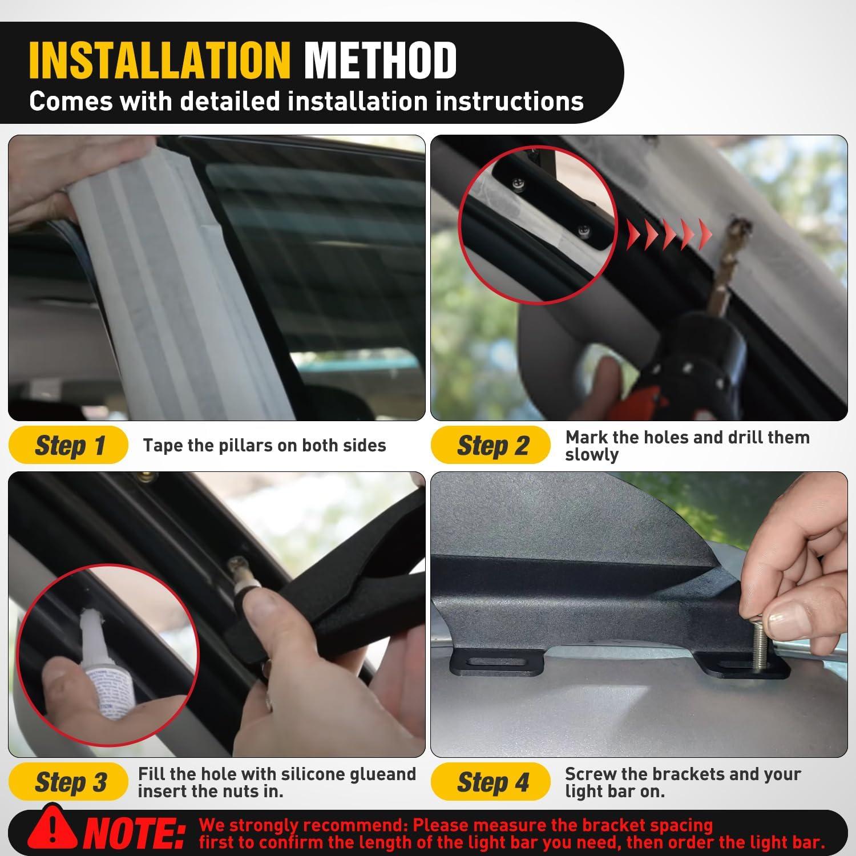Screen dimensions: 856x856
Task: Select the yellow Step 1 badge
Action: (x=68, y=445)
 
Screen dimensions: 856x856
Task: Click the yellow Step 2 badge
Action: (x=490, y=445)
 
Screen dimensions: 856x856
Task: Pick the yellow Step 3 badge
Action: (x=68, y=782)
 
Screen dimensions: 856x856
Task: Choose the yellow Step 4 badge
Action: (x=490, y=782)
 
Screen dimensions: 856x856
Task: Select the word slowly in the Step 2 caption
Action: (x=592, y=455)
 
